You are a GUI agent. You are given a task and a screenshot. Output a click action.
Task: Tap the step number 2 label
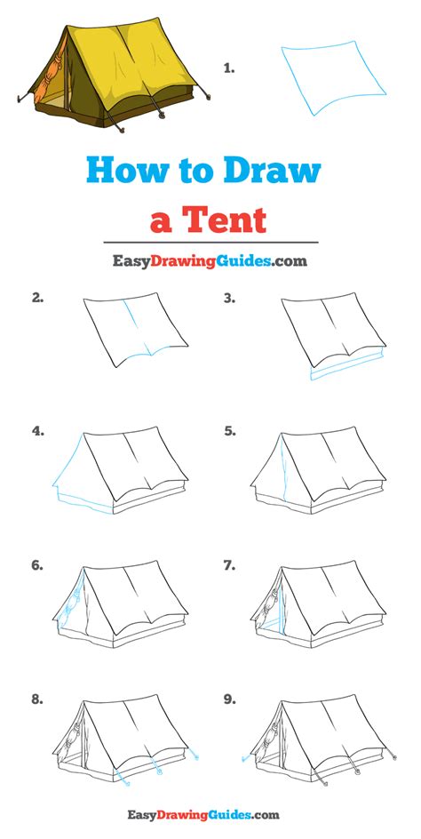(38, 299)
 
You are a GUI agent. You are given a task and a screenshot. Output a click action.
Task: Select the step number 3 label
(229, 299)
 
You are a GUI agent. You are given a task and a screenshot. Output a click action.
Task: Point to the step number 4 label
(38, 431)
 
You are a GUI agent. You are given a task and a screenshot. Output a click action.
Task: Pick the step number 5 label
(229, 431)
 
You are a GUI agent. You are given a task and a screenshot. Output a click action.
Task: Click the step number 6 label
(38, 565)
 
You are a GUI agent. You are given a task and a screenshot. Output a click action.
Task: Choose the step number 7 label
(229, 565)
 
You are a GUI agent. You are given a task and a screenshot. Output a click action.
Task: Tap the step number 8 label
(38, 699)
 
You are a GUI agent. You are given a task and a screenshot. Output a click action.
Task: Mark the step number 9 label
(229, 699)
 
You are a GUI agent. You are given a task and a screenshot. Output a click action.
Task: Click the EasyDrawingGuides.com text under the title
(210, 261)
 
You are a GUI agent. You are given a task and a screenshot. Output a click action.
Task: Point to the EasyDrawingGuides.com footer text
(210, 813)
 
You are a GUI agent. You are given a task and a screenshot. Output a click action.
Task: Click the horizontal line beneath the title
(210, 242)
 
